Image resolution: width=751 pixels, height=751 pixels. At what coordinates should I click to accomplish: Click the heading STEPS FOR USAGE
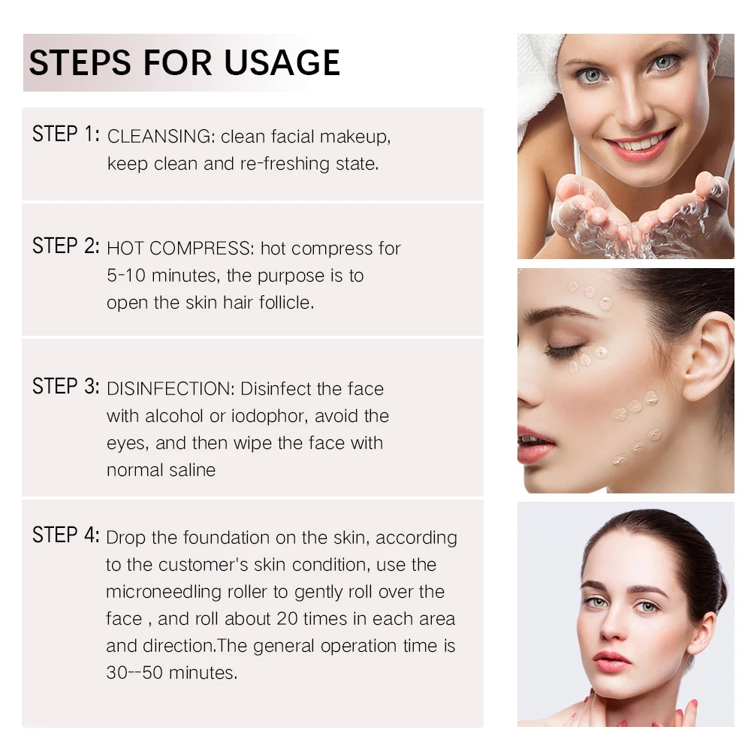point(184,62)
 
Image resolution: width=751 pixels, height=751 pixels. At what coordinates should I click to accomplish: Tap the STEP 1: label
point(65,135)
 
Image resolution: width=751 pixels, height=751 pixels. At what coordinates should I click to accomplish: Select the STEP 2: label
point(65,246)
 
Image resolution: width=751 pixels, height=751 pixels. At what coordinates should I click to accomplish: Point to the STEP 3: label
point(65,387)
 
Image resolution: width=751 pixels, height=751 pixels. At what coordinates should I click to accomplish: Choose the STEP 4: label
point(65,535)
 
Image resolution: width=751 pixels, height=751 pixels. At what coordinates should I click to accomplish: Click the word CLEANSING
point(160,137)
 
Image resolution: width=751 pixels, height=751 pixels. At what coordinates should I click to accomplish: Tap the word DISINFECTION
point(170,389)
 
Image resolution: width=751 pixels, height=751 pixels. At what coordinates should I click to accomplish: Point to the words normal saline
point(161,470)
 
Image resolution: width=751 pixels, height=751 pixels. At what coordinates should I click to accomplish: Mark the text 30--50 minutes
point(171,673)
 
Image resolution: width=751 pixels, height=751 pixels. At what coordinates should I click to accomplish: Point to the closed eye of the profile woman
point(565,351)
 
